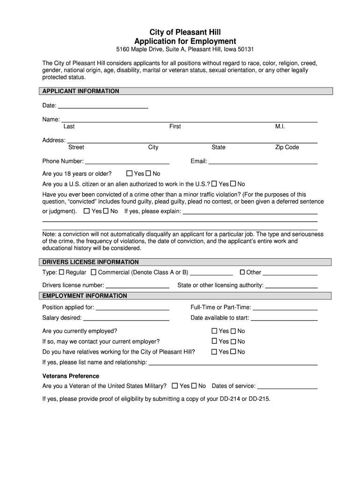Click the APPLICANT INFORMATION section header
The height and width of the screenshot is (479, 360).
click(x=81, y=91)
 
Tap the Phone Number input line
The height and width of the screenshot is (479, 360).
click(x=127, y=162)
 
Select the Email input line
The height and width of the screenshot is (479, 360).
click(x=263, y=162)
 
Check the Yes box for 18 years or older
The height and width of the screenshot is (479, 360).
click(x=130, y=174)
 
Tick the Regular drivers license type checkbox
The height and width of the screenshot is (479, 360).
click(x=61, y=272)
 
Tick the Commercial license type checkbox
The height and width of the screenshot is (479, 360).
click(x=94, y=272)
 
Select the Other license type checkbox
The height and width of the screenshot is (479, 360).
click(x=242, y=272)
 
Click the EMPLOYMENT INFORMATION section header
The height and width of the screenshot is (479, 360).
click(x=85, y=296)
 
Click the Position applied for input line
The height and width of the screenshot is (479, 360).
click(x=132, y=308)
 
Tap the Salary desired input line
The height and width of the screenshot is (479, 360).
click(x=126, y=318)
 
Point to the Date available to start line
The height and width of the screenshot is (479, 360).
click(x=284, y=318)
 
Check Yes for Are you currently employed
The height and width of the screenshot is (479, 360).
click(x=215, y=331)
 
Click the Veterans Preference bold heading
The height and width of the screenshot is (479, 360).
click(x=71, y=376)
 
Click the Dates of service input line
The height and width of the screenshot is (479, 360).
click(x=287, y=386)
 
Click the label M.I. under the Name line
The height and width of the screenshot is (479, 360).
click(x=280, y=127)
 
